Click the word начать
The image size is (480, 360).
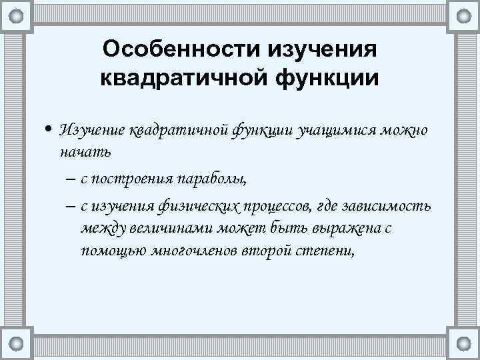pos(85,151)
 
